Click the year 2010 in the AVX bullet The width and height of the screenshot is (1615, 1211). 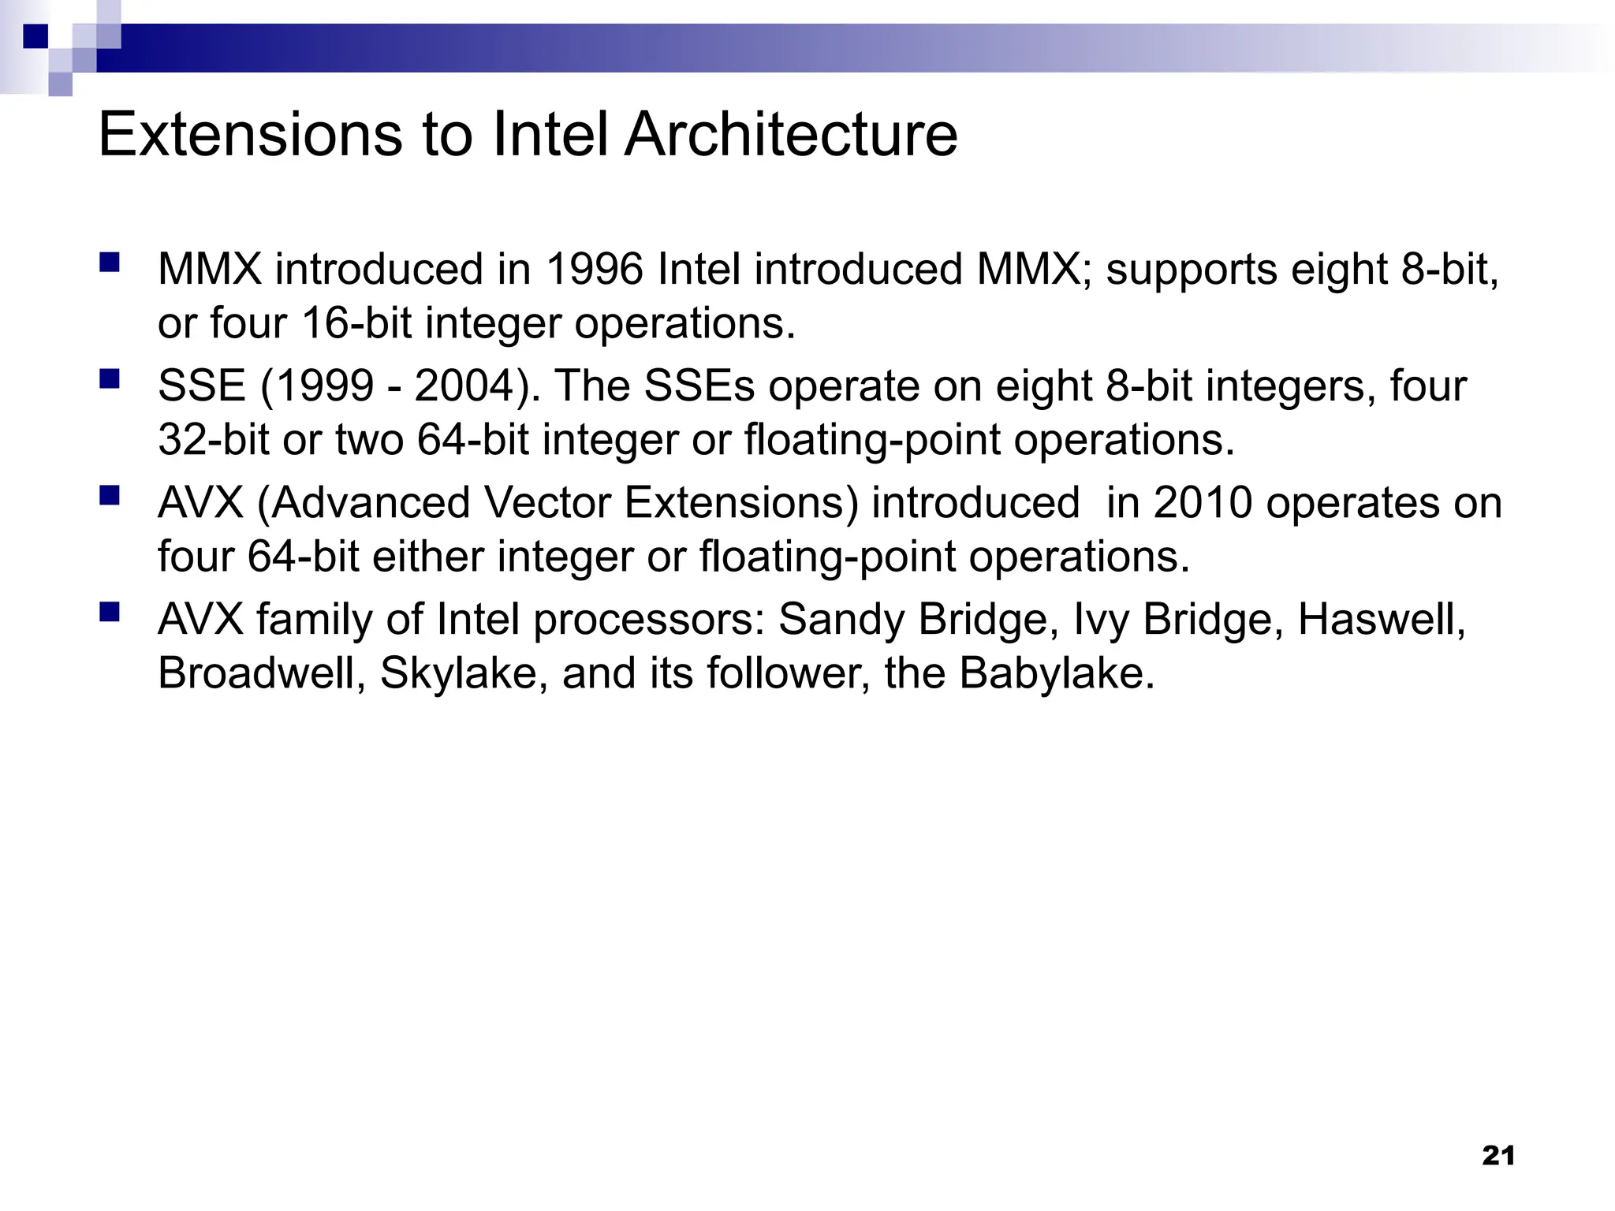[x=1203, y=503]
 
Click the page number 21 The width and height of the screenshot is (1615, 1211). [x=1498, y=1156]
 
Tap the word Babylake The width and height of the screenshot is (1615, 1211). [x=1057, y=674]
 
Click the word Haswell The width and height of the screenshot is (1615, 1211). [x=1381, y=620]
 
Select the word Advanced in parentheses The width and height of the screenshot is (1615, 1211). [x=369, y=503]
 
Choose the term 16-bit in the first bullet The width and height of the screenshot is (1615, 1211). [x=356, y=323]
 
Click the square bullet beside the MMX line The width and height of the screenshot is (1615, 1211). [x=110, y=262]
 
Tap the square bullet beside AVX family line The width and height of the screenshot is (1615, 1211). [x=110, y=612]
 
